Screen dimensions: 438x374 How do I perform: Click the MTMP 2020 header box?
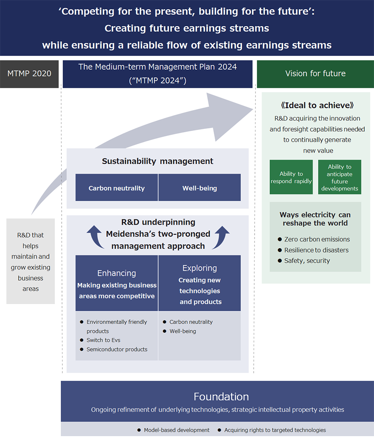pyautogui.click(x=29, y=74)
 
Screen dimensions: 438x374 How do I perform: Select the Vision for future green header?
pyautogui.click(x=315, y=74)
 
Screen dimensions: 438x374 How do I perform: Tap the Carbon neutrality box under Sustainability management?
pyautogui.click(x=116, y=188)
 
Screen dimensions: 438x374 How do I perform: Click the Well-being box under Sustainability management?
pyautogui.click(x=199, y=188)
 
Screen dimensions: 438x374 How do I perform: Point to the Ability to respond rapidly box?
pyautogui.click(x=291, y=177)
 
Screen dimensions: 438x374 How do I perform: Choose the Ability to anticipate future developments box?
pyautogui.click(x=340, y=177)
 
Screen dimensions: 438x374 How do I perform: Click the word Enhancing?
pyautogui.click(x=116, y=273)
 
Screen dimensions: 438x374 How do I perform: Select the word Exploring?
pyautogui.click(x=199, y=268)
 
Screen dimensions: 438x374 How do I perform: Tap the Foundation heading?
pyautogui.click(x=221, y=397)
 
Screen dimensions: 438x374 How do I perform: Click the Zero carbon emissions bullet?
pyautogui.click(x=317, y=239)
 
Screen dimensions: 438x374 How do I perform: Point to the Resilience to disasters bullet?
pyautogui.click(x=316, y=250)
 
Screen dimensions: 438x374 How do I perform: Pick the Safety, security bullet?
pyautogui.click(x=306, y=261)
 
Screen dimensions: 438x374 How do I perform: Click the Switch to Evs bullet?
pyautogui.click(x=104, y=340)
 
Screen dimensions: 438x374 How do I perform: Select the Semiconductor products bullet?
pyautogui.click(x=116, y=350)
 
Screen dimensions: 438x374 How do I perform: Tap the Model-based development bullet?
pyautogui.click(x=176, y=430)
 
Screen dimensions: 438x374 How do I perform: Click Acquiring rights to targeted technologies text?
pyautogui.click(x=275, y=430)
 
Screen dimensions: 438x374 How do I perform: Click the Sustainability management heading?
pyautogui.click(x=157, y=161)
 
